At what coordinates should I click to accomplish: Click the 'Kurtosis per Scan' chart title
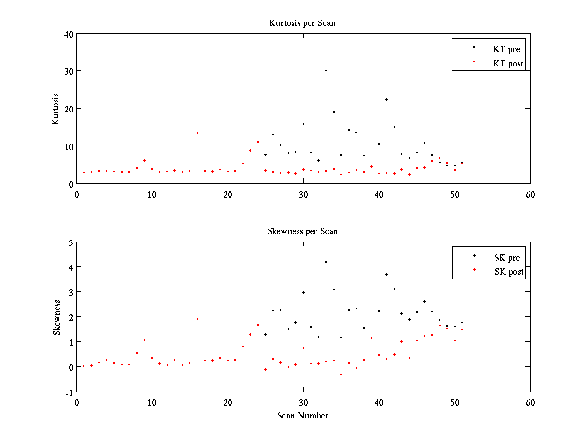(302, 23)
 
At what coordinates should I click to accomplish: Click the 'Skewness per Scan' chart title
(302, 231)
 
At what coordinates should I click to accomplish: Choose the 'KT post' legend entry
(508, 64)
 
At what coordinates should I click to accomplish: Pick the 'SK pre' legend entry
(507, 258)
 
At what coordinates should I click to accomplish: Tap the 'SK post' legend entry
(509, 272)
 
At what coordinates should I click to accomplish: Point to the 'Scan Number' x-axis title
(303, 416)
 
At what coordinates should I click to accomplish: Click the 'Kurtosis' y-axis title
(56, 109)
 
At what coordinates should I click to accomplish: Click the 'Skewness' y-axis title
(57, 318)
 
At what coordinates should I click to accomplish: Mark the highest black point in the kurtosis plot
(326, 70)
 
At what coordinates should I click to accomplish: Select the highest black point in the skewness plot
(326, 262)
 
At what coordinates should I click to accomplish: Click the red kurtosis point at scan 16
(197, 133)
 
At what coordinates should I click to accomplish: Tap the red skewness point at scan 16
(197, 319)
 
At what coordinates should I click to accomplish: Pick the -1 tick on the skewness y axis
(70, 392)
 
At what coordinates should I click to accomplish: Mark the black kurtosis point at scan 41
(386, 99)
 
